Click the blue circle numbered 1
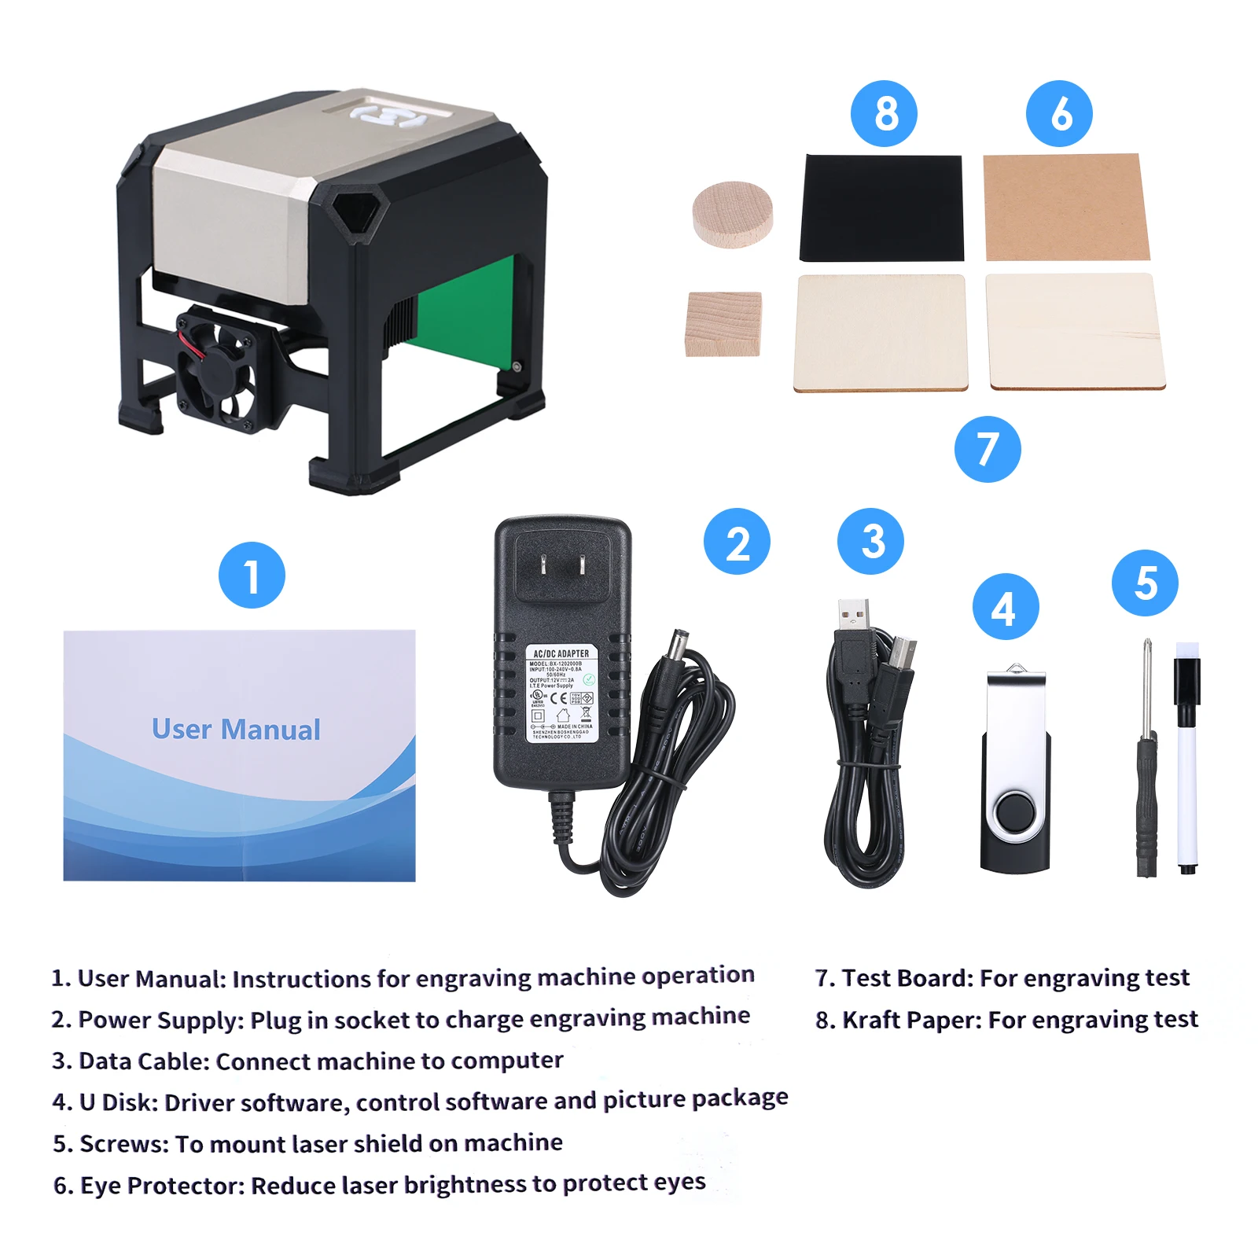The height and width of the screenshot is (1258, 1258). coord(252,575)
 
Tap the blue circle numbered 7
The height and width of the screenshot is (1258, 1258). coord(988,449)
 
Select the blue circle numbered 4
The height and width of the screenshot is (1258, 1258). coord(1006,607)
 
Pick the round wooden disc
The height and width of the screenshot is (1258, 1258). coord(733,214)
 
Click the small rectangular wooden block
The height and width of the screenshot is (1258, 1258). coord(723,323)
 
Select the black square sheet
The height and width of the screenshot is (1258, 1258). coord(881,208)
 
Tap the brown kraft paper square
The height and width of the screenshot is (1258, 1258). coord(1065,207)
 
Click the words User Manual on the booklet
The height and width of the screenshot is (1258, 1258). coord(236,730)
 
